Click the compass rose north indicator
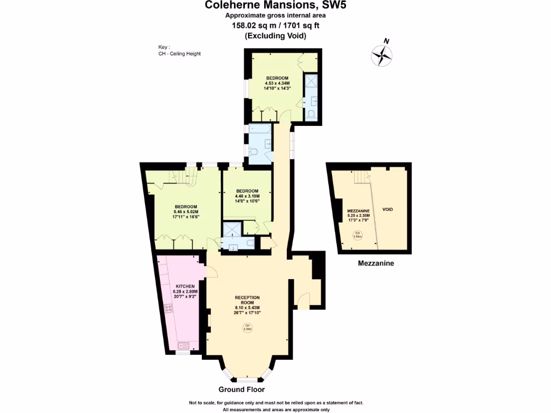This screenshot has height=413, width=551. [x=382, y=54]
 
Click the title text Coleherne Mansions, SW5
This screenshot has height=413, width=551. [x=275, y=5]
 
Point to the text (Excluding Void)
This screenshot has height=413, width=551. [x=275, y=36]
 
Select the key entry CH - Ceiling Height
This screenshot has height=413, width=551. [x=176, y=54]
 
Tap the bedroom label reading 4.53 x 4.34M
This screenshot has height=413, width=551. [x=277, y=83]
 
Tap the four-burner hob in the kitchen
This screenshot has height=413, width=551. [x=167, y=309]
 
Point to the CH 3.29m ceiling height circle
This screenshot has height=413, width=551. [x=248, y=328]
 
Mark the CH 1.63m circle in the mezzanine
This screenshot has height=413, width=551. [x=356, y=235]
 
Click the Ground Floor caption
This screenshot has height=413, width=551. [x=241, y=389]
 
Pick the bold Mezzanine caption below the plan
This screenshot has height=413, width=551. [x=376, y=264]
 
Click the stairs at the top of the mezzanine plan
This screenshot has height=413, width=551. [x=361, y=176]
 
